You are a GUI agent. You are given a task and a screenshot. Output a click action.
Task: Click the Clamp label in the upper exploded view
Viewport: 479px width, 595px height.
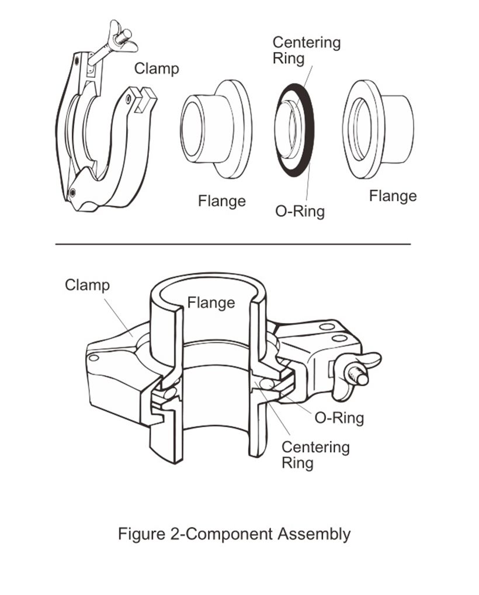(157, 68)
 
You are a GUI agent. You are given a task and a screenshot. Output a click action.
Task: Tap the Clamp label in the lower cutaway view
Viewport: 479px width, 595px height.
(87, 285)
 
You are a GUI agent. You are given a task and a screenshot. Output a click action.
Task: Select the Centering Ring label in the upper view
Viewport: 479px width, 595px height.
(306, 50)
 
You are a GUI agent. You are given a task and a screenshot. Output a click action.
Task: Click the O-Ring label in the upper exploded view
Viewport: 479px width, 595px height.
(300, 210)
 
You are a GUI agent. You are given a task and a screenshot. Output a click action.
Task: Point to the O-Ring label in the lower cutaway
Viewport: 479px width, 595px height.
(339, 417)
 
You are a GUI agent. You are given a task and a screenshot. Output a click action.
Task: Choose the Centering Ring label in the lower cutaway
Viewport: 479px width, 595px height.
(315, 455)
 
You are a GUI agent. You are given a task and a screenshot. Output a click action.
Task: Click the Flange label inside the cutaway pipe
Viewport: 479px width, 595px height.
(211, 302)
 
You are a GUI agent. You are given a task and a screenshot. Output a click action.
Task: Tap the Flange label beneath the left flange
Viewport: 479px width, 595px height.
(221, 202)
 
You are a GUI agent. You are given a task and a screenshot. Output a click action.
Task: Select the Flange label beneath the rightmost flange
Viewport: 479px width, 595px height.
(393, 196)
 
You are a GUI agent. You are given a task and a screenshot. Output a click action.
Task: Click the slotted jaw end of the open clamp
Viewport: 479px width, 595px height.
(141, 98)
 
